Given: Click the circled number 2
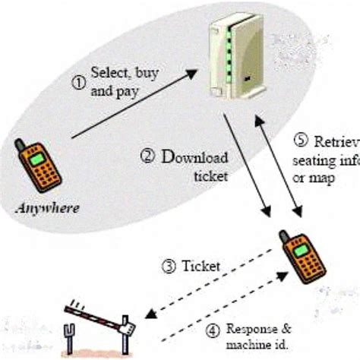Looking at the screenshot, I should [148, 157].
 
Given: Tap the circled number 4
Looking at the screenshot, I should [212, 330].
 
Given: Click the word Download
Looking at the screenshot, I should [194, 158].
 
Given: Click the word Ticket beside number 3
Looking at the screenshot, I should [201, 267].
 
